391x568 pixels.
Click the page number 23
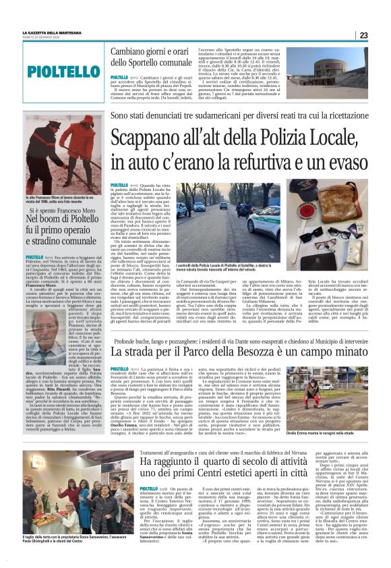pyautogui.click(x=363, y=35)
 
